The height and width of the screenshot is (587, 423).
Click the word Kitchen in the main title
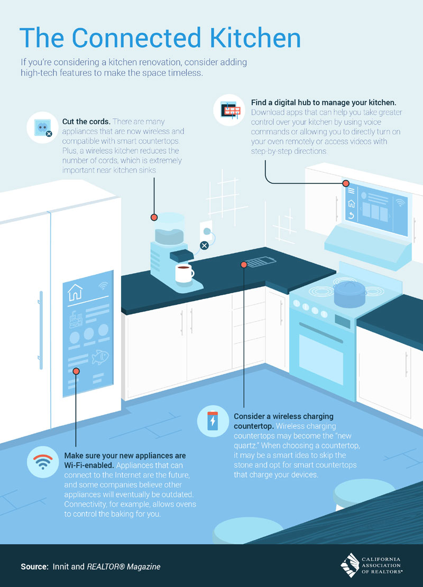click(x=255, y=38)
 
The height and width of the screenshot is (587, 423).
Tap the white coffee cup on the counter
click(x=184, y=273)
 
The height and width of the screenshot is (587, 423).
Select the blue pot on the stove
click(x=349, y=294)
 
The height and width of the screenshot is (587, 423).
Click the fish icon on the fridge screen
click(x=99, y=357)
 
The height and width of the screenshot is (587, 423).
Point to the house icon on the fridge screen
click(x=75, y=292)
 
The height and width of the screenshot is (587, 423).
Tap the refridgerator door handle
click(x=41, y=330)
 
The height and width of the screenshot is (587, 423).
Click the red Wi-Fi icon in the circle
click(x=43, y=462)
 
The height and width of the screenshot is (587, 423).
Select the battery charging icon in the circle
click(x=213, y=421)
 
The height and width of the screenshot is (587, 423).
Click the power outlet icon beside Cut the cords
click(x=42, y=128)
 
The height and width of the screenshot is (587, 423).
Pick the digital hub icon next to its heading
click(x=229, y=110)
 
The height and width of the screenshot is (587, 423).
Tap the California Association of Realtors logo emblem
click(x=350, y=565)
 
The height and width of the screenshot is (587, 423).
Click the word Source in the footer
click(x=34, y=567)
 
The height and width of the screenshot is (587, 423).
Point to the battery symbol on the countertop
click(x=261, y=262)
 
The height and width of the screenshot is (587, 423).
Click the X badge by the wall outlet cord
click(x=204, y=246)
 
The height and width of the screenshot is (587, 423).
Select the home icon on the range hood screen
click(x=351, y=203)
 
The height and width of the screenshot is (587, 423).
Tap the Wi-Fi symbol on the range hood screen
click(x=400, y=202)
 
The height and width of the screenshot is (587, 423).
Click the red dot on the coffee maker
click(x=154, y=217)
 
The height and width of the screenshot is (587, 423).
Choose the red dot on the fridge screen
click(x=76, y=371)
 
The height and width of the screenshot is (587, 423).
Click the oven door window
click(x=321, y=359)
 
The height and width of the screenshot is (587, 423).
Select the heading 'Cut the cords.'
click(x=86, y=122)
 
